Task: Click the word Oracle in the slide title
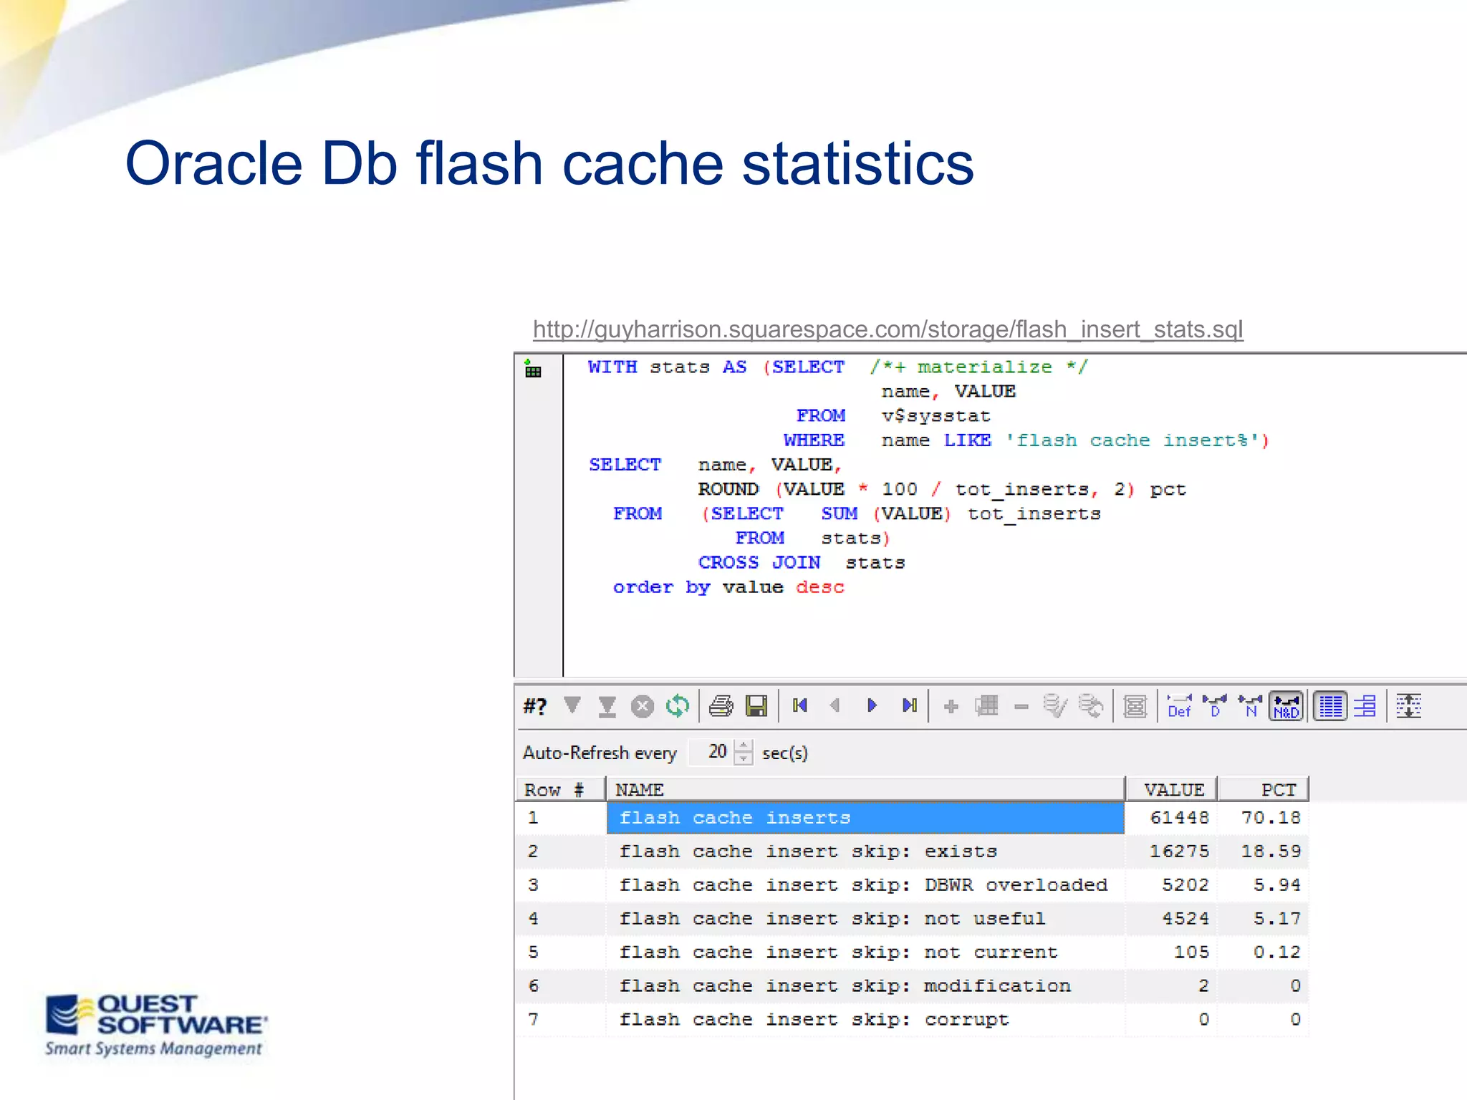[x=213, y=163]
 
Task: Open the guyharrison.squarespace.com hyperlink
[x=888, y=329]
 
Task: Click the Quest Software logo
[x=155, y=1024]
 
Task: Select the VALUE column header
[x=1173, y=789]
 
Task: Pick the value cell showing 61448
[x=1179, y=817]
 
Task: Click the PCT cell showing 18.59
[x=1270, y=851]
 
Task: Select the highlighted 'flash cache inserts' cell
[x=864, y=817]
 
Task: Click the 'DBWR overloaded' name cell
[x=864, y=884]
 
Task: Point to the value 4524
[x=1185, y=918]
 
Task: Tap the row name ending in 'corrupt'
[x=814, y=1019]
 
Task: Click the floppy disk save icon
[x=756, y=706]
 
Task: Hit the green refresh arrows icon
[x=677, y=706]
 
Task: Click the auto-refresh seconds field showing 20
[x=716, y=751]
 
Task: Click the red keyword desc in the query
[x=819, y=587]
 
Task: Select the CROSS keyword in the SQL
[x=728, y=563]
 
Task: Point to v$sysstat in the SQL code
[x=935, y=416]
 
